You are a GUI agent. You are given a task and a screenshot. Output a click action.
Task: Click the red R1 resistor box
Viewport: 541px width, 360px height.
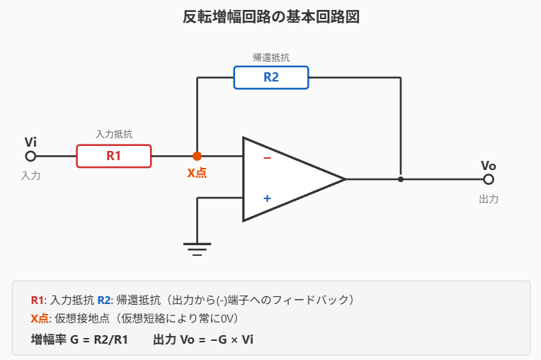114,156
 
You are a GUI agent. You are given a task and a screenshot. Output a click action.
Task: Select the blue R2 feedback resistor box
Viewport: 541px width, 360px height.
271,77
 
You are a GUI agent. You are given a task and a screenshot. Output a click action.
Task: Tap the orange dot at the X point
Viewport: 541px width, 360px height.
197,156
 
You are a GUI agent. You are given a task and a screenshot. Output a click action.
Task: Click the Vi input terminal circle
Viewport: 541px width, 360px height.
30,156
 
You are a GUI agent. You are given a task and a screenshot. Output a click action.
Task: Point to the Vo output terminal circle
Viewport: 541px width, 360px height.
488,179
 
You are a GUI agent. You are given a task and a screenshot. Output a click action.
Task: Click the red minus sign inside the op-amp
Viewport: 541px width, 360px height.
267,158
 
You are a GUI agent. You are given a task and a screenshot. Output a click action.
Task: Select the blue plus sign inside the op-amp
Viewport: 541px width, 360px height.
267,198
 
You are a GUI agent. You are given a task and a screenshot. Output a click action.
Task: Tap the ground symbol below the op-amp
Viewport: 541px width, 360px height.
197,247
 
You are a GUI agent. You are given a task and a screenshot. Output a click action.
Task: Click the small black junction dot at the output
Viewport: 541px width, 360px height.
401,179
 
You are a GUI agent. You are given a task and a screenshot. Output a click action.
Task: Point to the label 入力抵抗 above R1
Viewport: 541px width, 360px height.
114,133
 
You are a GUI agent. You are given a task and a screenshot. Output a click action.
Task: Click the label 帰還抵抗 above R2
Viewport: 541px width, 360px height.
271,57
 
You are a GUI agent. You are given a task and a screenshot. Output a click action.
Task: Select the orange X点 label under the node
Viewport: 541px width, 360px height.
197,172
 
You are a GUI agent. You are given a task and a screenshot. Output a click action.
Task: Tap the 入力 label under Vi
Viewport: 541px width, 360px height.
30,176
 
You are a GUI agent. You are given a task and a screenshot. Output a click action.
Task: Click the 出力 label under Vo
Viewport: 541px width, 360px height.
489,199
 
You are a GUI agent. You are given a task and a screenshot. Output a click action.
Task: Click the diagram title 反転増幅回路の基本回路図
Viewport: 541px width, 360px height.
270,17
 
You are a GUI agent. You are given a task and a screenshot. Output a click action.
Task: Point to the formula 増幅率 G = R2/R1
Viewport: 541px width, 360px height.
79,339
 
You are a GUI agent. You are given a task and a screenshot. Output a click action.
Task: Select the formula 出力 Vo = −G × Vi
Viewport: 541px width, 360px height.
203,339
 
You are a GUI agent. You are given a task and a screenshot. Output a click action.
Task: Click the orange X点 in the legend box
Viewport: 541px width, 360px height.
40,318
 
